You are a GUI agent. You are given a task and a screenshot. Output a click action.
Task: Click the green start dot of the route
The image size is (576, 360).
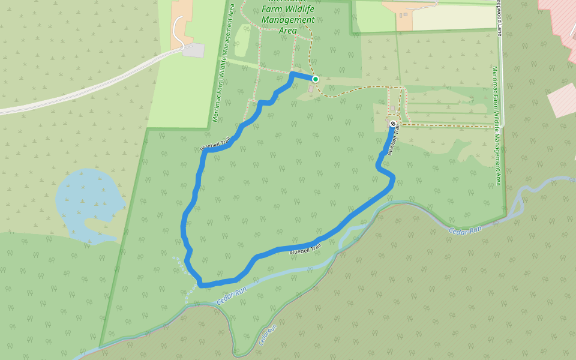(x=315, y=79)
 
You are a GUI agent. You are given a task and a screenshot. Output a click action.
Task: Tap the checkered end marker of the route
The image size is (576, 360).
(x=393, y=124)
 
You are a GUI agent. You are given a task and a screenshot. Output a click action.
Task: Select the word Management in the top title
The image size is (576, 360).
(x=288, y=20)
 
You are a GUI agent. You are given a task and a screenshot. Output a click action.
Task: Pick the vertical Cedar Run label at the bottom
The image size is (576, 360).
(x=267, y=335)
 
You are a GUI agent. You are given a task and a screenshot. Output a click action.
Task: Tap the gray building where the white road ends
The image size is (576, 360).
(x=193, y=50)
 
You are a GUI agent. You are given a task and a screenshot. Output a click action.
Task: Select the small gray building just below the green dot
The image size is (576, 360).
(x=311, y=89)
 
